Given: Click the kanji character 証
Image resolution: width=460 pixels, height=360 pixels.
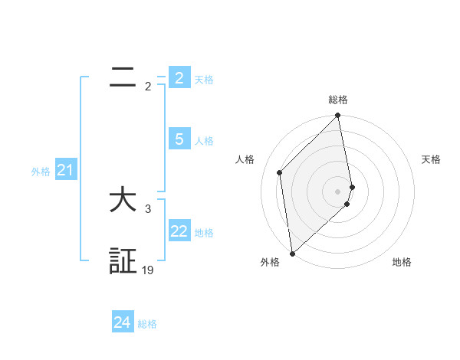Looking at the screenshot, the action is tap(123, 261).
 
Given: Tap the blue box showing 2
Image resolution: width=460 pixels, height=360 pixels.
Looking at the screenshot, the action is tap(179, 77).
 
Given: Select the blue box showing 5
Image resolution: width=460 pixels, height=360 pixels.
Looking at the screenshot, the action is tap(179, 139).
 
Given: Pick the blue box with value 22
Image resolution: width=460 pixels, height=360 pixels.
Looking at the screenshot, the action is tap(179, 231).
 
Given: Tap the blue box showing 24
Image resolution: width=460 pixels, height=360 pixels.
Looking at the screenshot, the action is tap(122, 323).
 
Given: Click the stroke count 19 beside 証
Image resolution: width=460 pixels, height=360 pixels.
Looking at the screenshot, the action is tap(148, 270).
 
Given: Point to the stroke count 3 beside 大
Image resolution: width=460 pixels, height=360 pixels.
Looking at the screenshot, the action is tap(148, 208).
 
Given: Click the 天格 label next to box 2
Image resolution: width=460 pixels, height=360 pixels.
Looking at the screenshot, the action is tap(204, 80).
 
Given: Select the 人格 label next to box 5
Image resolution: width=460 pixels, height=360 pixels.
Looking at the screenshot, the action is tap(204, 141).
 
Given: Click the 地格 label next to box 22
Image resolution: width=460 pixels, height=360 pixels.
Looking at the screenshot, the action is tap(204, 233).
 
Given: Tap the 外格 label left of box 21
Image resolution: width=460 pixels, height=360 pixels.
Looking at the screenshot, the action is tap(41, 172).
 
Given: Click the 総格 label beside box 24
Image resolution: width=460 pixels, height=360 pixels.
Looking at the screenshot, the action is tap(147, 325).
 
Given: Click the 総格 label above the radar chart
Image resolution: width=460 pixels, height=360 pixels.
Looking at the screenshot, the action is tap(338, 100).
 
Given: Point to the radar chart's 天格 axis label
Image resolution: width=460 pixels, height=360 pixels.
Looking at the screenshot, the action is tap(431, 159).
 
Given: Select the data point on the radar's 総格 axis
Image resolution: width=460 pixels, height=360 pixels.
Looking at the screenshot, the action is tap(338, 116).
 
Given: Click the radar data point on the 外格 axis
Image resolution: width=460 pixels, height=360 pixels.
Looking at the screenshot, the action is tap(292, 254).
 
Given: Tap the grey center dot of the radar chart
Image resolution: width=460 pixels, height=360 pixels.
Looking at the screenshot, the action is tap(338, 191).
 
